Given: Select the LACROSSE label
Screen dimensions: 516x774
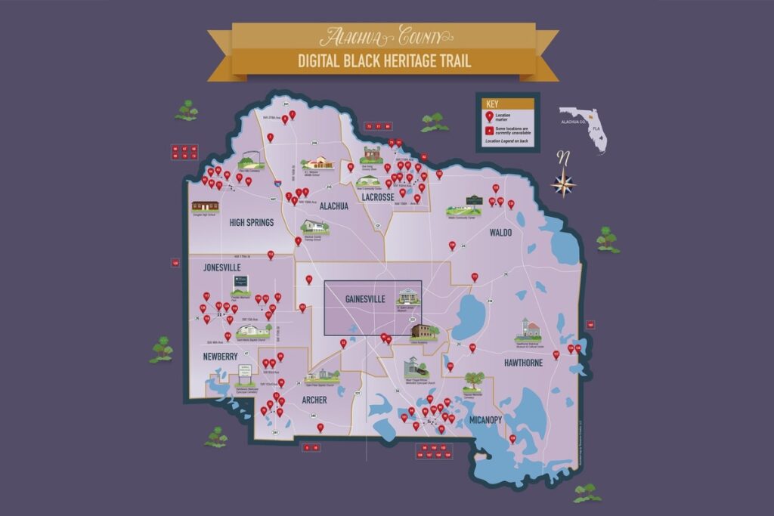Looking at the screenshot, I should [378, 197].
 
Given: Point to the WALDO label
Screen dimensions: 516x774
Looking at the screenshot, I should [500, 233].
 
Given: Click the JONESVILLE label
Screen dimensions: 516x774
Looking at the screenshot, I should [222, 267].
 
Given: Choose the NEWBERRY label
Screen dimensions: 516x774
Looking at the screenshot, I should [221, 356].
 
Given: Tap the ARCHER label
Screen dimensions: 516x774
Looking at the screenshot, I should [314, 400].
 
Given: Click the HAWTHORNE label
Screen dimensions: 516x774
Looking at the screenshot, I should [523, 363].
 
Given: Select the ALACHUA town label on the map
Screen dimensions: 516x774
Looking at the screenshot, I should [333, 205].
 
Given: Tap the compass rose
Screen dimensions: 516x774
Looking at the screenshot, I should [563, 181].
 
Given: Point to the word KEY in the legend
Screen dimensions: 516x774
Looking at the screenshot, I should [492, 104].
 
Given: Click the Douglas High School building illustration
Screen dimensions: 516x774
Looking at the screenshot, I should [205, 205].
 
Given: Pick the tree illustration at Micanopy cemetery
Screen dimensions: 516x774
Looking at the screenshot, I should [474, 379].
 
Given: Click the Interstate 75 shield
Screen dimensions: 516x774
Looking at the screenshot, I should [278, 184].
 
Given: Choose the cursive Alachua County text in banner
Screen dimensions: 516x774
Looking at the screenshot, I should [385, 36].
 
